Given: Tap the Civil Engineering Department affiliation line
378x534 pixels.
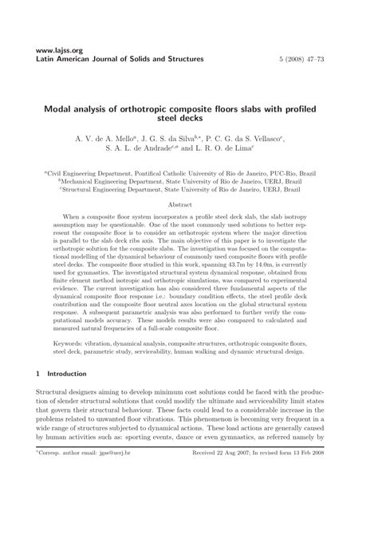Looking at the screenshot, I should [x=189, y=172].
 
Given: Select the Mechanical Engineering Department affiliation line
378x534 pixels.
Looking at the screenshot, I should [x=189, y=182].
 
